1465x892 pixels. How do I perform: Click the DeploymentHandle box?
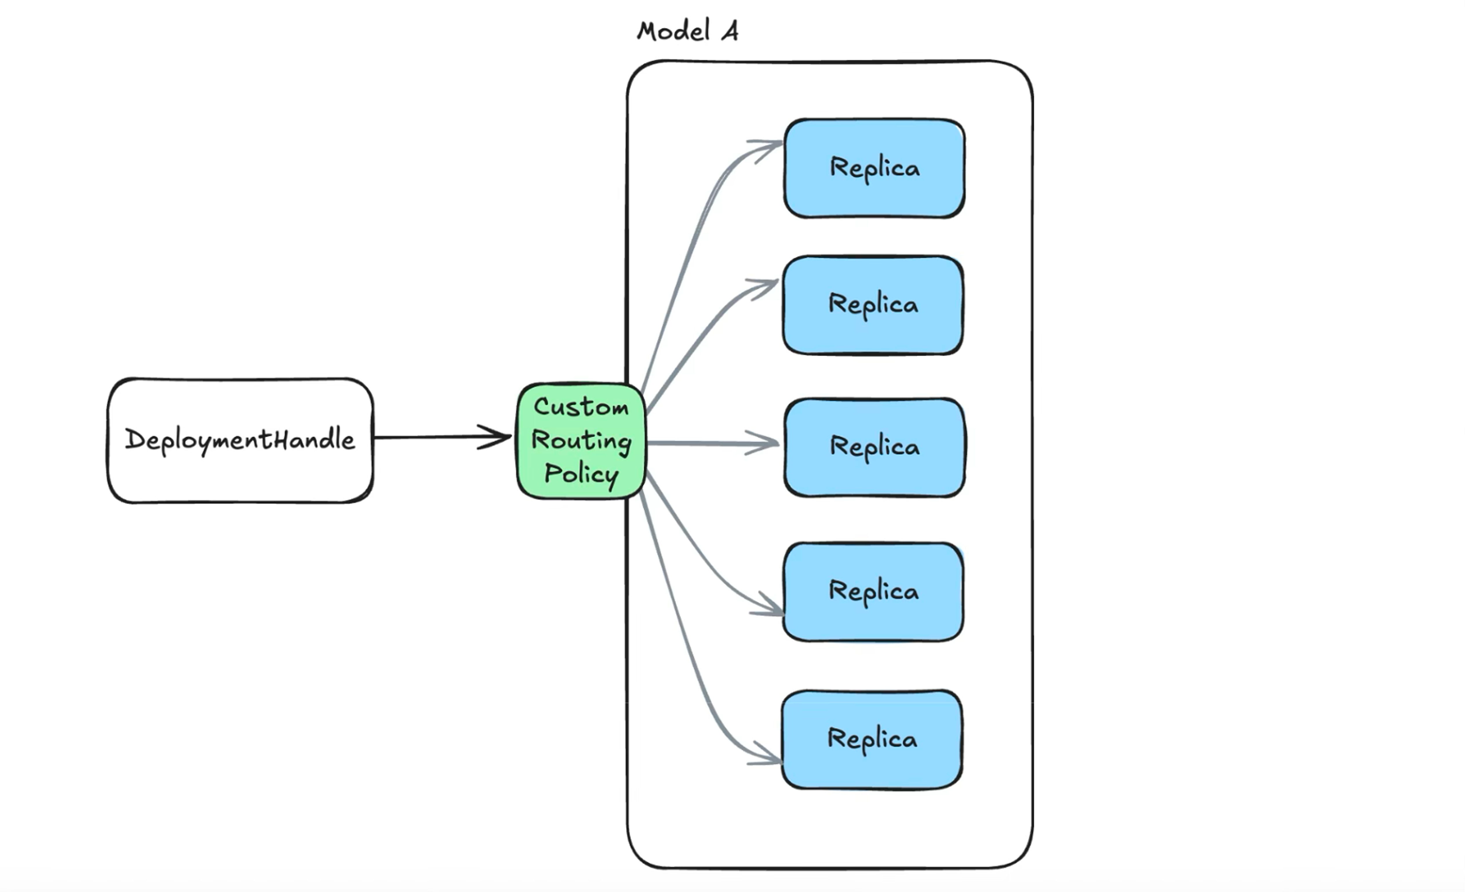(x=240, y=440)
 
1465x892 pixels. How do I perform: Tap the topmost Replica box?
(x=874, y=168)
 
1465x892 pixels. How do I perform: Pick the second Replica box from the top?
(x=873, y=305)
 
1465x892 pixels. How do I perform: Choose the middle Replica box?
(x=874, y=447)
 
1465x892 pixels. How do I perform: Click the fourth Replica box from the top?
(x=873, y=592)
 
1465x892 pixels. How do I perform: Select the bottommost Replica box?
(x=872, y=740)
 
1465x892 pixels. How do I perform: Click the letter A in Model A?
(x=730, y=31)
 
